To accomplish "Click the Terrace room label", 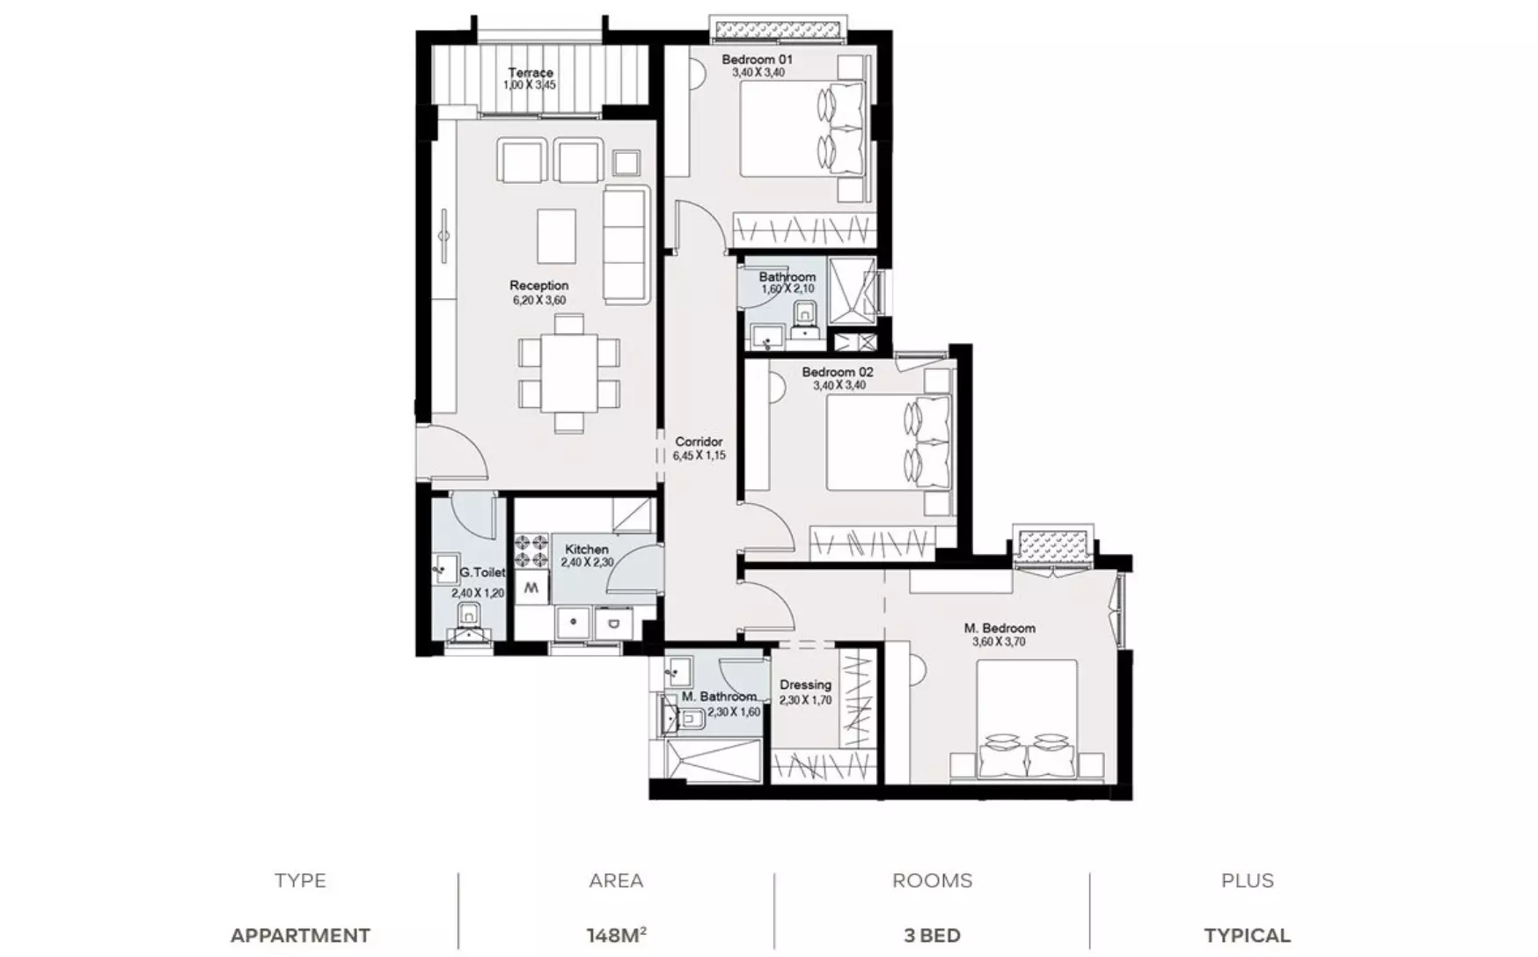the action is pyautogui.click(x=531, y=73).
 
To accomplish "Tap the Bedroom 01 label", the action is pyautogui.click(x=757, y=60).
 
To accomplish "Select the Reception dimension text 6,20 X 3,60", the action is pyautogui.click(x=539, y=300).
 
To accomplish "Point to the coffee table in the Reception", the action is pyautogui.click(x=556, y=236).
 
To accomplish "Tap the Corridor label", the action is pyautogui.click(x=699, y=442).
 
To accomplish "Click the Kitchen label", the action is pyautogui.click(x=586, y=549).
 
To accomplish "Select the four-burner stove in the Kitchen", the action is pyautogui.click(x=531, y=551).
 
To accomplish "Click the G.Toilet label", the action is pyautogui.click(x=482, y=573).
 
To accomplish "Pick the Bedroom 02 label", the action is pyautogui.click(x=838, y=372).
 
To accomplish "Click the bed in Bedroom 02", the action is pyautogui.click(x=889, y=442).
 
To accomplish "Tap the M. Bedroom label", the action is pyautogui.click(x=1000, y=628).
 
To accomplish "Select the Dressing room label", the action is pyautogui.click(x=805, y=684).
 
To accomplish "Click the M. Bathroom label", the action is pyautogui.click(x=719, y=697).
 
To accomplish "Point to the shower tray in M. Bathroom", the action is pyautogui.click(x=714, y=760).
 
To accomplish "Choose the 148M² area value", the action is pyautogui.click(x=617, y=935).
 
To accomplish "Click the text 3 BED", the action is pyautogui.click(x=932, y=936).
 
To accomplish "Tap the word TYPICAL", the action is pyautogui.click(x=1247, y=936).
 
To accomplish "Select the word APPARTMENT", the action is pyautogui.click(x=300, y=936).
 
